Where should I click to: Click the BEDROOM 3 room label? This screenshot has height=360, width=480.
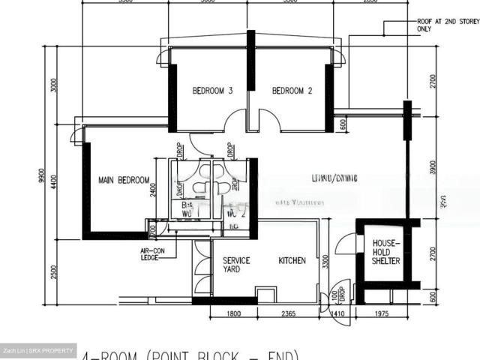[x=212, y=91]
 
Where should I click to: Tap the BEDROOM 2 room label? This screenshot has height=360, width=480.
[x=292, y=91]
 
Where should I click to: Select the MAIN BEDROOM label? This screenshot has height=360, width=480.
[x=124, y=181]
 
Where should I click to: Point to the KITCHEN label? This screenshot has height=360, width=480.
[x=292, y=261]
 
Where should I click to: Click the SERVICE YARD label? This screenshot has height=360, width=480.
[x=236, y=265]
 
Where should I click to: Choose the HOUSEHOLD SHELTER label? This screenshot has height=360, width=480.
[x=386, y=253]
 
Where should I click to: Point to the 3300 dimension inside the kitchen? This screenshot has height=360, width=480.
[x=325, y=262]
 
